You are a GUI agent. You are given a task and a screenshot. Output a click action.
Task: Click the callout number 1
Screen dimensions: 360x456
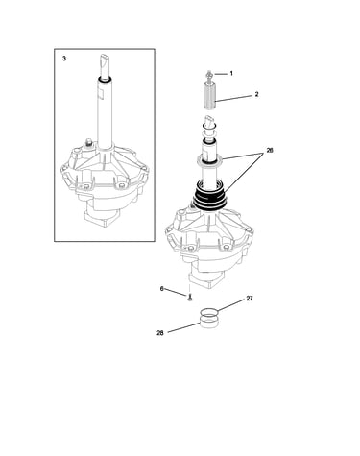[231, 73]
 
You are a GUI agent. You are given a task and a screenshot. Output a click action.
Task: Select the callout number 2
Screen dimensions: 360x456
[256, 94]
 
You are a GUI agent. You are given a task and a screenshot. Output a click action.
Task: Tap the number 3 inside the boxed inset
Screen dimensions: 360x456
[64, 59]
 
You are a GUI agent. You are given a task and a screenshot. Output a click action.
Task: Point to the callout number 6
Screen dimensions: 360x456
[162, 289]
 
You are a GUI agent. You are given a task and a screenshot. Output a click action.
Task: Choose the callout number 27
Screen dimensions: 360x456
[250, 299]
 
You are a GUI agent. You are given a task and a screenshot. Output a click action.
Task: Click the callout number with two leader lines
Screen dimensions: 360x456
[270, 150]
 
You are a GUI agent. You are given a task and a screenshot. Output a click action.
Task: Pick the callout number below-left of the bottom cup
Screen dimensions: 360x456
[160, 333]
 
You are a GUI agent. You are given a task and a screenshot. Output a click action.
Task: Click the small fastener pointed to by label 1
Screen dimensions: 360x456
[209, 75]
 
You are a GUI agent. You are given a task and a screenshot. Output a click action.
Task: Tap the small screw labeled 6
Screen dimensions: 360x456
[190, 298]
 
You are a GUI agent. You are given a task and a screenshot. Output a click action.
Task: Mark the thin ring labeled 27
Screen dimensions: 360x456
[209, 312]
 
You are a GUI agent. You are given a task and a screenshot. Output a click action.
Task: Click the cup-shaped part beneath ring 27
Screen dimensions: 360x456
[209, 322]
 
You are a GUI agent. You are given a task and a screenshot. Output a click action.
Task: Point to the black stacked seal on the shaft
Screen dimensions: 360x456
[209, 199]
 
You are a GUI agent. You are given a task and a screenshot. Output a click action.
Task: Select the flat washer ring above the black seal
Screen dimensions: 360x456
[209, 159]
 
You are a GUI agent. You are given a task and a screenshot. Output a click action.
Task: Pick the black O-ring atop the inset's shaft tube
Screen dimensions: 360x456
[105, 79]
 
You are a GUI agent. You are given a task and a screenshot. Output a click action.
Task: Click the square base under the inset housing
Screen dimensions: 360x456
[102, 217]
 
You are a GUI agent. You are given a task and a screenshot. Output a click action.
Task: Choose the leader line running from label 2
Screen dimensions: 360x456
[234, 98]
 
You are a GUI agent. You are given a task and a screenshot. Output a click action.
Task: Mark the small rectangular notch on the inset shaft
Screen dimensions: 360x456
[101, 93]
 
